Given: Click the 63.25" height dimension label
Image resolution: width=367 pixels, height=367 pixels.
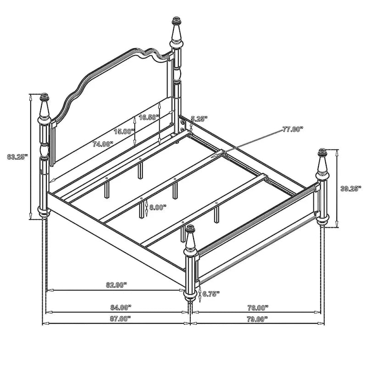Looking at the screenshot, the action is point(17,156).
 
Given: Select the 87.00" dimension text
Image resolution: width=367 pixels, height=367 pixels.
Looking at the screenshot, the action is point(120,318).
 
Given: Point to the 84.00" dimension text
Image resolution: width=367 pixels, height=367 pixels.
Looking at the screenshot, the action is point(121,307).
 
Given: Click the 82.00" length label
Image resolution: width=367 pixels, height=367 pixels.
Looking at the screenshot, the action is point(117,285).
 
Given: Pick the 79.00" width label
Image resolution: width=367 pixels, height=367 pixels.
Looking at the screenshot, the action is point(257,319).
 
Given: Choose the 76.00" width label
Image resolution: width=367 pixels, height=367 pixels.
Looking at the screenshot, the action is point(258,307).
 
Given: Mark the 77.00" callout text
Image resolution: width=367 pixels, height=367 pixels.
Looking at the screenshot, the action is point(293,129).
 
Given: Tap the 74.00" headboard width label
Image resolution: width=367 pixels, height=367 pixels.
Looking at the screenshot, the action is point(103,144).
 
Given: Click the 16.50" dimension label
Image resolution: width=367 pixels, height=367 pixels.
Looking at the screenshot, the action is point(149,117).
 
